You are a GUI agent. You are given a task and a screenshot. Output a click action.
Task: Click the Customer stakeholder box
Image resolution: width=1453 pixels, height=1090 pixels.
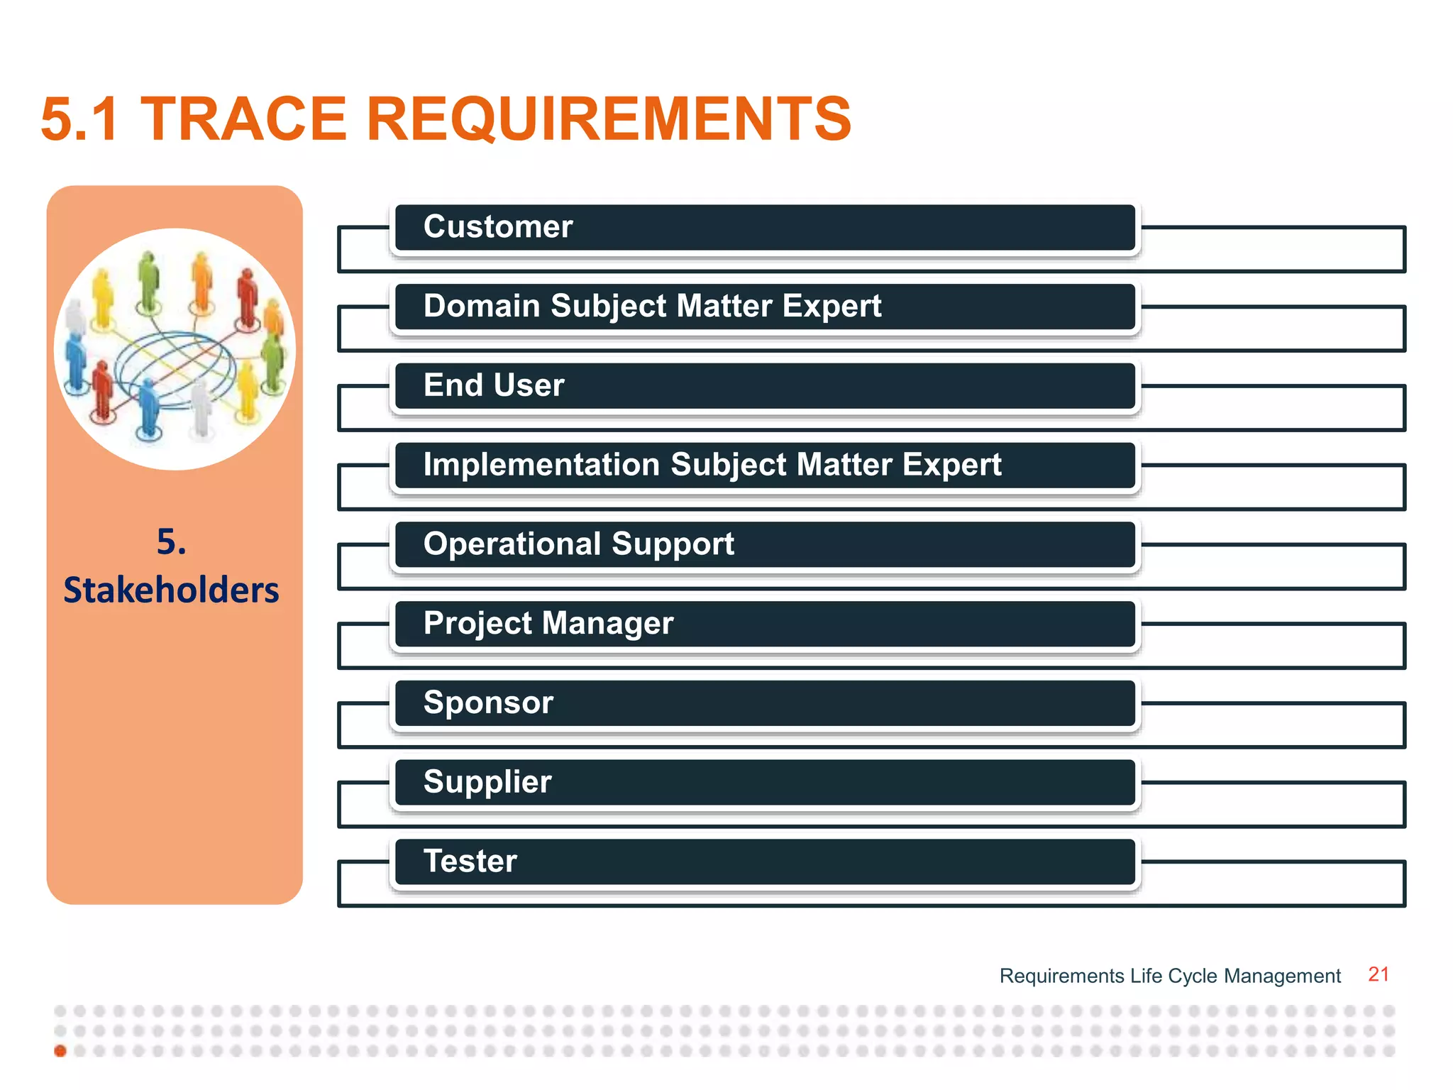point(765,228)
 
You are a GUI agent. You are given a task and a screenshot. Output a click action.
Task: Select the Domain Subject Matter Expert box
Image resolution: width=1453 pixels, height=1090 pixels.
point(765,307)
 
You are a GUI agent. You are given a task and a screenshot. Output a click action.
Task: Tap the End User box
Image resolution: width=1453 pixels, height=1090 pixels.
point(765,387)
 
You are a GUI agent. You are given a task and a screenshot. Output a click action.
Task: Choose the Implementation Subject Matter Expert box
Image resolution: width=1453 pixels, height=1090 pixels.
point(765,466)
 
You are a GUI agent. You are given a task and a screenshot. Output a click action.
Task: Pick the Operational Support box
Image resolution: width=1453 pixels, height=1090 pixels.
point(765,545)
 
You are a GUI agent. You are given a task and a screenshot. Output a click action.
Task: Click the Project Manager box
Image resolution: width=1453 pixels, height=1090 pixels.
point(765,624)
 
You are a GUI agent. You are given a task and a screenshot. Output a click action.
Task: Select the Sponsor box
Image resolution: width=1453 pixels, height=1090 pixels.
point(765,703)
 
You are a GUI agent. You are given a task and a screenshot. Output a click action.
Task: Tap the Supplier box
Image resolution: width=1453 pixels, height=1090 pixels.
point(765,783)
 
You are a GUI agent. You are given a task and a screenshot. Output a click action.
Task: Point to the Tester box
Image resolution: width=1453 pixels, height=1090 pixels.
point(765,862)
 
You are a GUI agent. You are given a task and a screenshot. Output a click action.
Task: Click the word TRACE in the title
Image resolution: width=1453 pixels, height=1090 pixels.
point(243,119)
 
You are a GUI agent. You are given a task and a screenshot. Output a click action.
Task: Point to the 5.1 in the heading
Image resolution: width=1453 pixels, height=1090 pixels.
point(79,119)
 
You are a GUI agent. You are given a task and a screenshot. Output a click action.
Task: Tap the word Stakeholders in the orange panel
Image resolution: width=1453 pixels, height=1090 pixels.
point(171,590)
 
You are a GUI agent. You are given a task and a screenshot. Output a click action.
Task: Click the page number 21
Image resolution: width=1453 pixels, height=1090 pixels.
point(1378,974)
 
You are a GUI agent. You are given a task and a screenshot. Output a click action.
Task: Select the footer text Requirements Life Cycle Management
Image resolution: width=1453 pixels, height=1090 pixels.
point(1170,976)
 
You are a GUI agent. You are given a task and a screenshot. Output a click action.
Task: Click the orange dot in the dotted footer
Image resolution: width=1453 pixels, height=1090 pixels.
point(60,1051)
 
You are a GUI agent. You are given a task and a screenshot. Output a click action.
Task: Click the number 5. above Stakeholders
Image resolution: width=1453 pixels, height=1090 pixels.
point(171,542)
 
